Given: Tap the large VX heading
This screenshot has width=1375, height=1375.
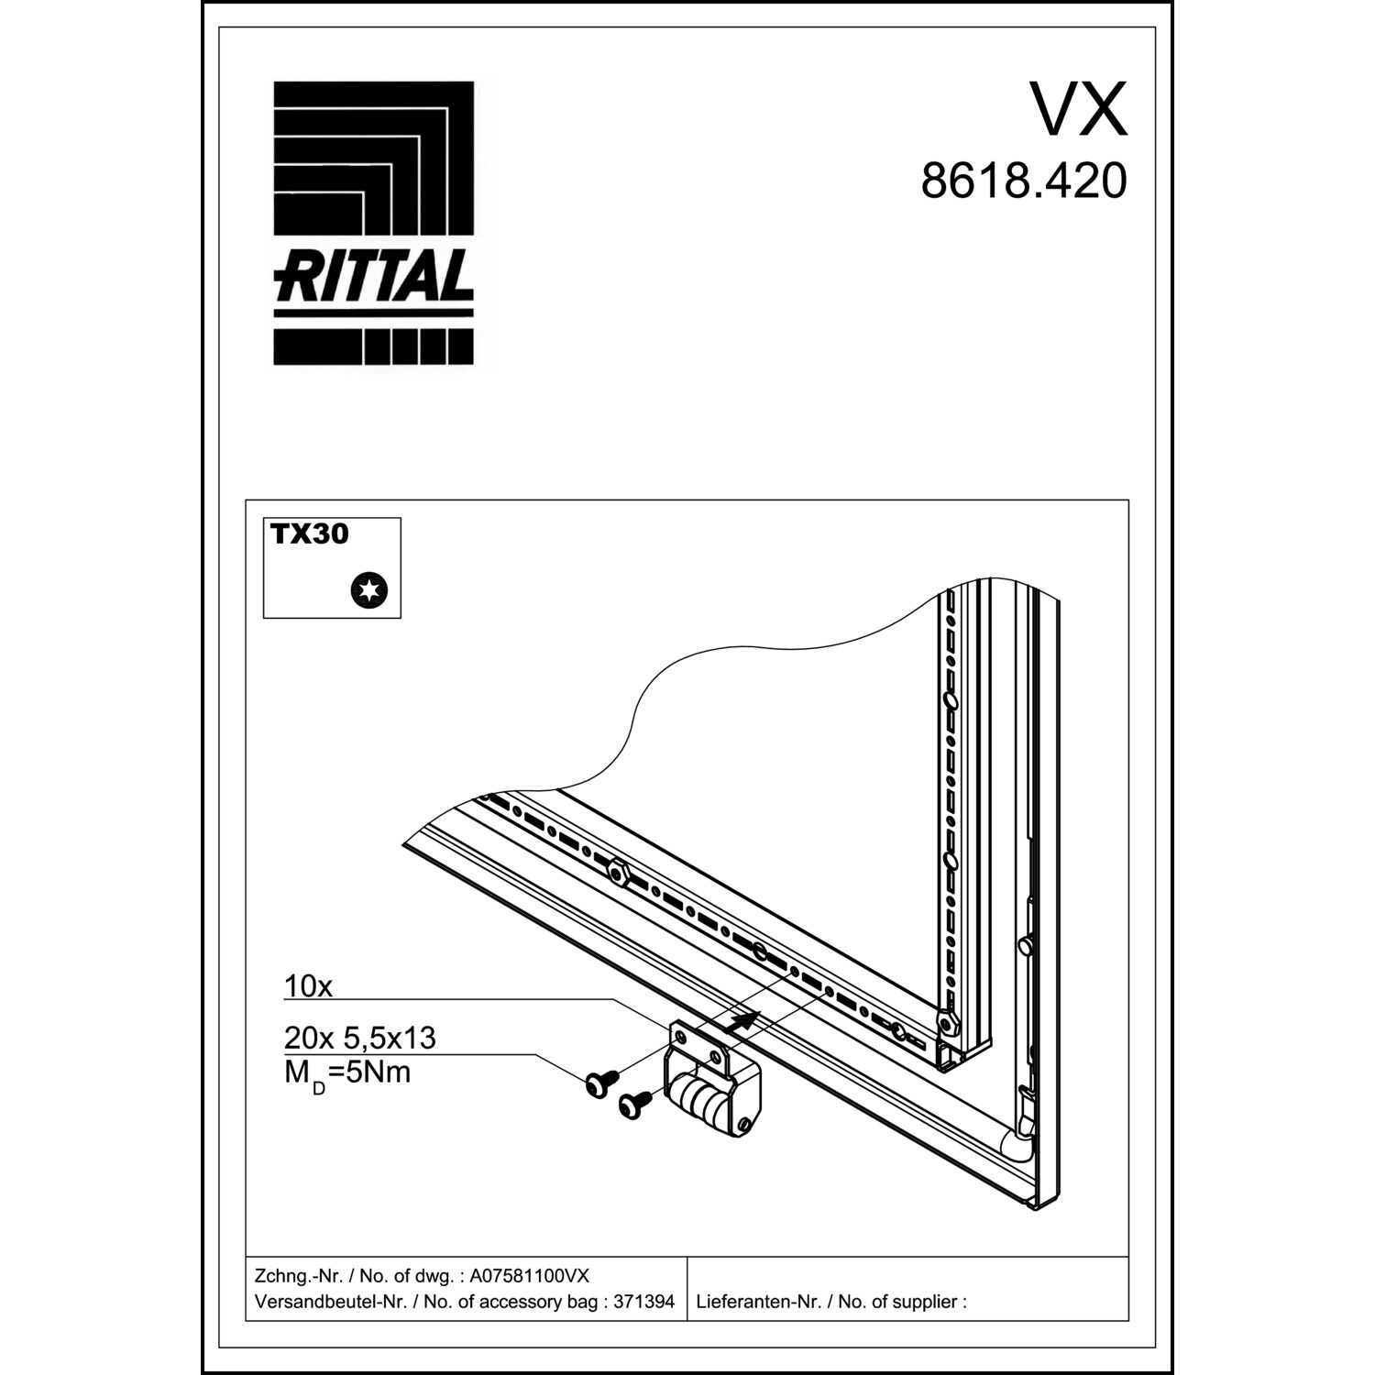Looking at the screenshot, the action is click(1078, 109).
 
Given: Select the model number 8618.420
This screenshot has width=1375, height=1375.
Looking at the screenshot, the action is click(1024, 181).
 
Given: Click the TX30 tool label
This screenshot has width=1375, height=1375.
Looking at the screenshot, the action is click(310, 534).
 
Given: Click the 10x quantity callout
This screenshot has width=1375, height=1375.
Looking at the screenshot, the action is click(308, 986).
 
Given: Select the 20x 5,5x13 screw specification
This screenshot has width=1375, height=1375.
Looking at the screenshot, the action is click(359, 1038).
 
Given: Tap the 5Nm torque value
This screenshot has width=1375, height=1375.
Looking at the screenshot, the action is click(378, 1072).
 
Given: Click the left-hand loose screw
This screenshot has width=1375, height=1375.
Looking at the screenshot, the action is click(600, 1082).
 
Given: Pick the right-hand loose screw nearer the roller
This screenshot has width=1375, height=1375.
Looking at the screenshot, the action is click(634, 1103).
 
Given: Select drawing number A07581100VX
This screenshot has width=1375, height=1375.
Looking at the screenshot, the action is click(530, 1276).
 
